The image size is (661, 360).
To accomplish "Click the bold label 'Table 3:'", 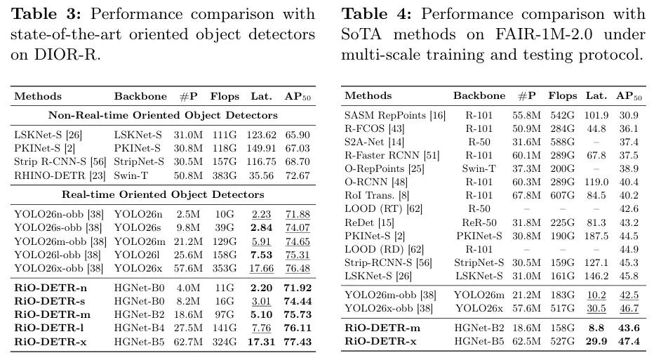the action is [x=46, y=14].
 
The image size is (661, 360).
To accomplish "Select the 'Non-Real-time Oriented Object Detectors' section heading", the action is [x=163, y=115].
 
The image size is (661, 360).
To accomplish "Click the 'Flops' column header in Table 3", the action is [x=225, y=97].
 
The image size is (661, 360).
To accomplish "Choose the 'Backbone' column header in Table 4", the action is [x=479, y=95].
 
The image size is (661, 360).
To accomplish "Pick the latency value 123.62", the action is [x=261, y=135].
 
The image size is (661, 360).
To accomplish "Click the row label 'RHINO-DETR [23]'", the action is [x=60, y=175].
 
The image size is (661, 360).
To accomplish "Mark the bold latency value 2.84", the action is [x=261, y=227].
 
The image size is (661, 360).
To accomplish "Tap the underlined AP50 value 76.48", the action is [x=298, y=268].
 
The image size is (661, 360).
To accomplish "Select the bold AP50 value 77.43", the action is [x=298, y=342].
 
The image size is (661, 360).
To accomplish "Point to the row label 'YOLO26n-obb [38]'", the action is [x=59, y=214].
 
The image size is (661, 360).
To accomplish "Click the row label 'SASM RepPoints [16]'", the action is [x=395, y=115].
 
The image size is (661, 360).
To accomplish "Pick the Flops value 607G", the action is [x=562, y=196].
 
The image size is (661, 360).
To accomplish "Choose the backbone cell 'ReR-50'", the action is [x=479, y=222].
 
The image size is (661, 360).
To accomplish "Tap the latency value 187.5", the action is [x=596, y=236].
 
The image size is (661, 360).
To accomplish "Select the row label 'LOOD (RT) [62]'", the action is [x=383, y=208].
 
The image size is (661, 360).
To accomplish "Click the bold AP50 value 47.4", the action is [x=629, y=342].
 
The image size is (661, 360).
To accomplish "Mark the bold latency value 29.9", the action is [x=596, y=342].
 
